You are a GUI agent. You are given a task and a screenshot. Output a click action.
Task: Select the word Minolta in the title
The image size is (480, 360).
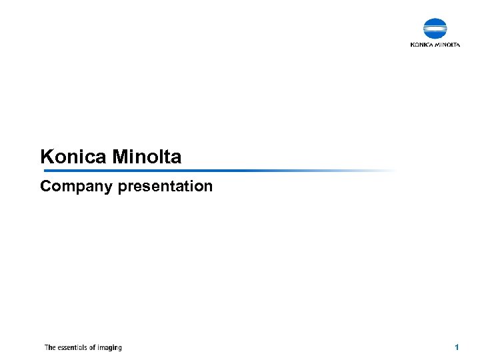coord(147,157)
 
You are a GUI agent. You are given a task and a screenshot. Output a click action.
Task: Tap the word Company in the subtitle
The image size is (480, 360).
coord(76,186)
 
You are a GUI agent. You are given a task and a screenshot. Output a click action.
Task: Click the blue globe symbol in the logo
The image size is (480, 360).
coord(435,29)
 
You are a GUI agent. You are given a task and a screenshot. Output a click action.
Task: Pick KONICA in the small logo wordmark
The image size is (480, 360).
coord(422,45)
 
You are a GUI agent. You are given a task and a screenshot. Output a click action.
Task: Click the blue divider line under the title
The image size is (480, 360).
coord(200,171)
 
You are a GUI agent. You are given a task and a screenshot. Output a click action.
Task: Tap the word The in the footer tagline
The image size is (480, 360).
coord(50,347)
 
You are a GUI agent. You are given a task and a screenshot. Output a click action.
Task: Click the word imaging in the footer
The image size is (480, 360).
coord(111,347)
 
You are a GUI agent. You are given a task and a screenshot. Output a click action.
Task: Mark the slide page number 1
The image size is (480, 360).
coord(457,347)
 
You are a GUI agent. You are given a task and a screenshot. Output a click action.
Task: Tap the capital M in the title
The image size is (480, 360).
coord(120,157)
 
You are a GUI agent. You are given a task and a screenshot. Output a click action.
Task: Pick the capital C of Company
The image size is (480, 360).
coord(45,186)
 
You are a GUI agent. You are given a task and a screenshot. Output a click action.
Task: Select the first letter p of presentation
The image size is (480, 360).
coord(122,187)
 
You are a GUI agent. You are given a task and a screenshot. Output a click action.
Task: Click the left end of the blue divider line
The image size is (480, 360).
coord(42,171)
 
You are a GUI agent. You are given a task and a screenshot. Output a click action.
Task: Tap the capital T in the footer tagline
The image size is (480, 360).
coord(46,347)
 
